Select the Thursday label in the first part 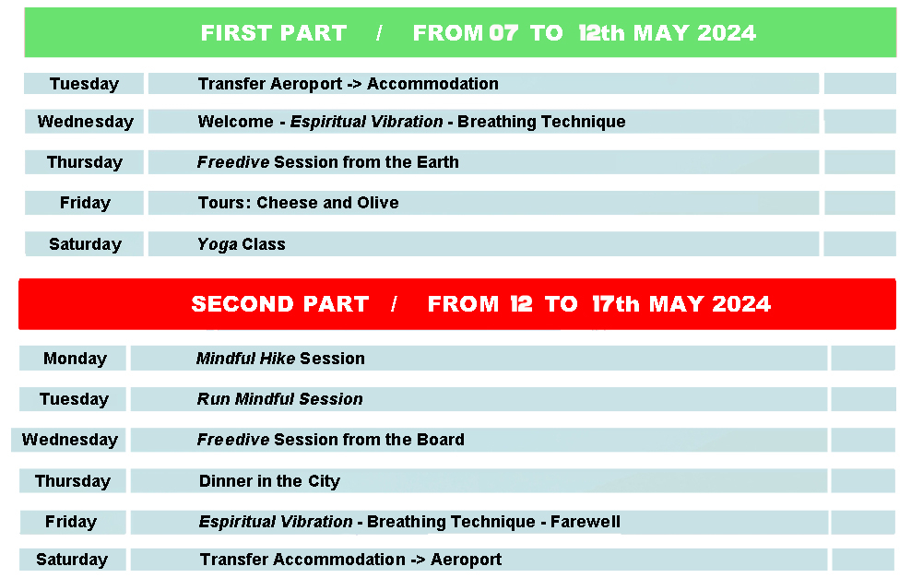pos(85,162)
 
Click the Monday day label pos(75,359)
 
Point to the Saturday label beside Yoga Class pos(86,244)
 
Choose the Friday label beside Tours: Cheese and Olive pos(86,203)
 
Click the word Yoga pos(218,245)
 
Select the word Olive pos(378,203)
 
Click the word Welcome pos(235,122)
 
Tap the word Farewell pos(586,522)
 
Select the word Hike pos(278,359)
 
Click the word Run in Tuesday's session pos(213,399)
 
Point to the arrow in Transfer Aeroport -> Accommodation pos(354,84)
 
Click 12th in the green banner pos(601,33)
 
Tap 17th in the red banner pos(616,303)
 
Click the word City pos(324,481)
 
